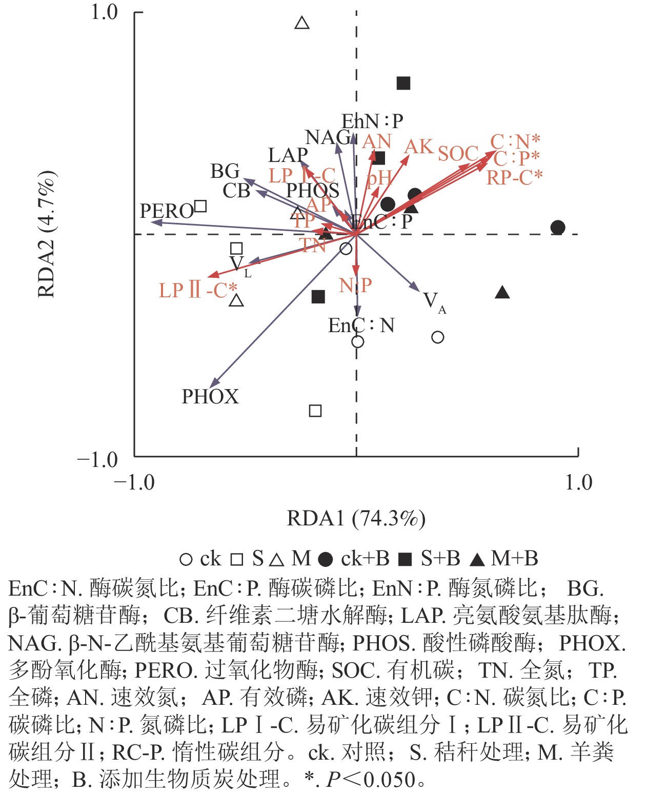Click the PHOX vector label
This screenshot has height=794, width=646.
coord(210,397)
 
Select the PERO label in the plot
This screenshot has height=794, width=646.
coord(167,211)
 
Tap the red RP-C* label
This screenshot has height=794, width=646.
coord(514,177)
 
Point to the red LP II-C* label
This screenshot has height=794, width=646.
coord(198,291)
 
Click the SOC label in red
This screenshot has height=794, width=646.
coord(458,154)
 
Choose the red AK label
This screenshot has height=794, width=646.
coord(418,147)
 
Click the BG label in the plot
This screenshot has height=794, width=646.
coord(225,171)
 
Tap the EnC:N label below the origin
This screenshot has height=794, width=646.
coord(361,325)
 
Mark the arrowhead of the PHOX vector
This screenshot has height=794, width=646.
coord(212,385)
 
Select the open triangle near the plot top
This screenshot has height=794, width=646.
coord(302,23)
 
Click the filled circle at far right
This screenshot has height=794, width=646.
coord(558,228)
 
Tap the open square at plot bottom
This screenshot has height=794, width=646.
coord(315,411)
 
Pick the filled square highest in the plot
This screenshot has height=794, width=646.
coord(403,83)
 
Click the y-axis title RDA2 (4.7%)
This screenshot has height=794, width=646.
coord(47,234)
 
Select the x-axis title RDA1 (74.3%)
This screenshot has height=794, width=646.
coord(356,518)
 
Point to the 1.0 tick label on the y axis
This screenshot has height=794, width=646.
coord(105,12)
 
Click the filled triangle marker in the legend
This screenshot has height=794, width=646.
coord(477,559)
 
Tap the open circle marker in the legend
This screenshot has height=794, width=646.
coord(186,559)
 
